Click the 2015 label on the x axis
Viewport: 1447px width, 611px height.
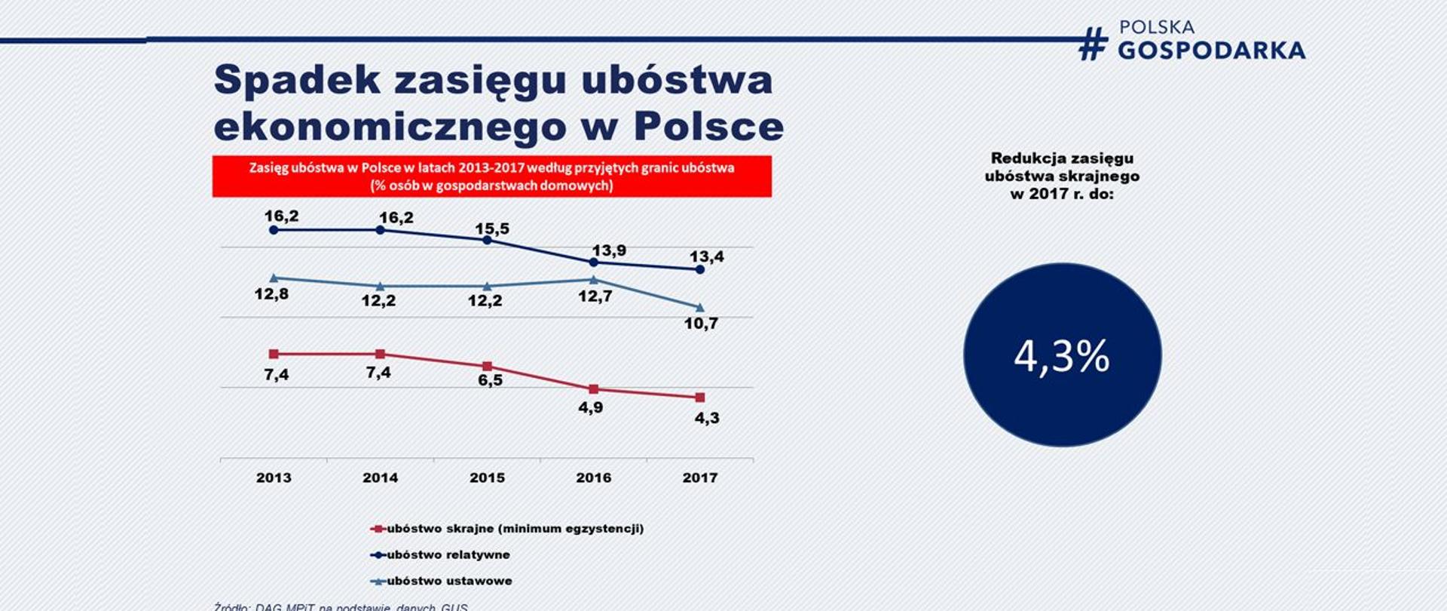(487, 477)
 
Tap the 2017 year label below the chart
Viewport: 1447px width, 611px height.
(699, 477)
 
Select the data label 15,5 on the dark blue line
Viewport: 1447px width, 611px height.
(492, 229)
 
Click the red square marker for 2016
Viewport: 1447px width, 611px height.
(593, 389)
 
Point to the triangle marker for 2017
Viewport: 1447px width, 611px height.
(699, 308)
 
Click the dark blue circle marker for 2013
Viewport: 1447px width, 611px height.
(274, 229)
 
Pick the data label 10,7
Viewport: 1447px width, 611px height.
(701, 324)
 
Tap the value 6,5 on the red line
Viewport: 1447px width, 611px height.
(490, 380)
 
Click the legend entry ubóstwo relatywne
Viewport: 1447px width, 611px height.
(448, 554)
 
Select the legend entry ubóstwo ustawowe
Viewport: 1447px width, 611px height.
(449, 581)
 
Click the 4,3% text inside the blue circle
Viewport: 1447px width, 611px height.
(1061, 356)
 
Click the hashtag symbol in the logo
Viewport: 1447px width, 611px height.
(1093, 44)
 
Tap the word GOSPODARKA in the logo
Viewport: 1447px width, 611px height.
(1211, 51)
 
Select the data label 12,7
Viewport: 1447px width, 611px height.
(595, 296)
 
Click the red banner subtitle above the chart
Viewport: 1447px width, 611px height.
(491, 177)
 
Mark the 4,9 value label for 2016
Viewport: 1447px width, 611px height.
(590, 408)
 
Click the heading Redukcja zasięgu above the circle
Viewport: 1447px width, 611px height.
(1062, 158)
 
